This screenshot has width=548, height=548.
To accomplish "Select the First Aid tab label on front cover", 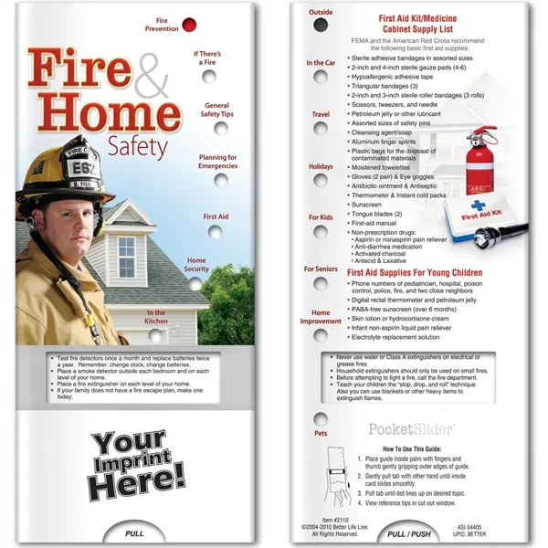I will pyautogui.click(x=216, y=216).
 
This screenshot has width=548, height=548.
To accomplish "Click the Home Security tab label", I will pyautogui.click(x=197, y=265).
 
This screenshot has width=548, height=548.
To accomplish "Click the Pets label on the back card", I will pyautogui.click(x=320, y=433).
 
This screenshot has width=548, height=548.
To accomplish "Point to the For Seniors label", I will pyautogui.click(x=321, y=269).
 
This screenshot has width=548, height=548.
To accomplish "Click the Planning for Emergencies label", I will pyautogui.click(x=218, y=162).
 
